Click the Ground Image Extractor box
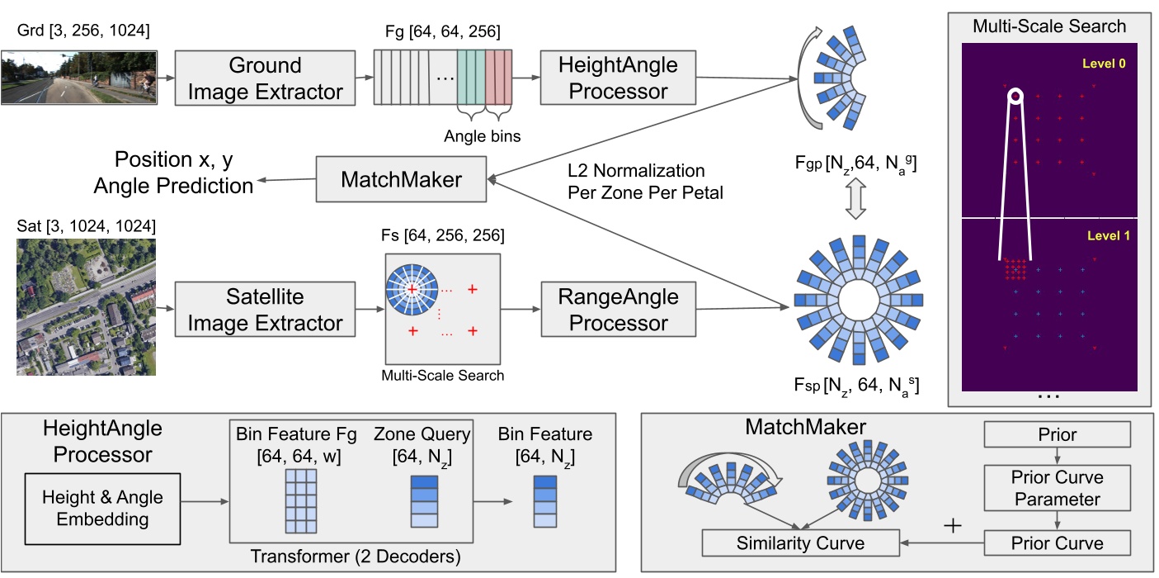(x=266, y=78)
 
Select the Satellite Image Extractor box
(x=266, y=309)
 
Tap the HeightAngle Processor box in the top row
(x=618, y=78)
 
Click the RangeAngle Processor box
(x=618, y=309)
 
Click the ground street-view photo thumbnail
(x=78, y=78)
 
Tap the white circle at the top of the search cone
(x=1015, y=97)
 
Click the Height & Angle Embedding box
(x=103, y=508)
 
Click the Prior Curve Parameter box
(x=1057, y=488)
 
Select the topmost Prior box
(x=1057, y=434)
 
